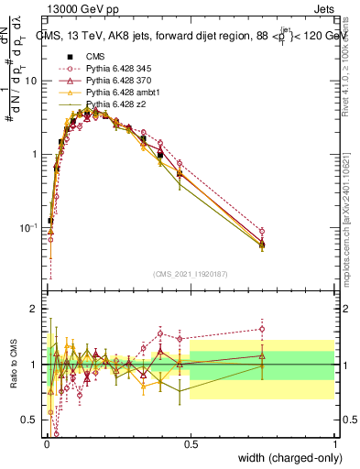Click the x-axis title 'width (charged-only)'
click(287, 459)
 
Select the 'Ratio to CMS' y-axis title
click(16, 365)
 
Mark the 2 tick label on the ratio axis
click(34, 310)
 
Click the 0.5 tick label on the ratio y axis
click(30, 420)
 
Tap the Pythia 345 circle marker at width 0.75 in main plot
click(262, 232)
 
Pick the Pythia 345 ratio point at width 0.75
click(262, 329)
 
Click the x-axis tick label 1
click(334, 442)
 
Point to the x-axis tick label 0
click(45, 442)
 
